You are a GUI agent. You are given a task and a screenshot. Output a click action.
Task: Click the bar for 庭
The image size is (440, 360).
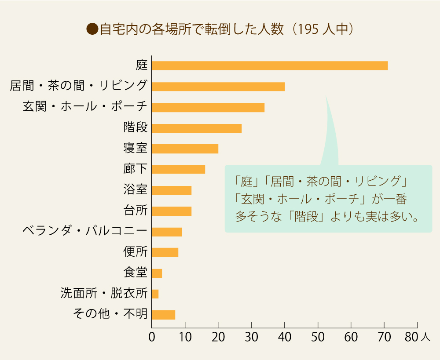[x=269, y=65]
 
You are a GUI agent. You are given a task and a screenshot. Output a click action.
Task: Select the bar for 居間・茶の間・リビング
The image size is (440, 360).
[x=218, y=86]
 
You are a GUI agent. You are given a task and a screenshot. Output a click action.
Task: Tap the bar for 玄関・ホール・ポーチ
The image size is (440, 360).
[x=208, y=107]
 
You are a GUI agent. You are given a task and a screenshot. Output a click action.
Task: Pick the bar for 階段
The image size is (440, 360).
[x=196, y=128]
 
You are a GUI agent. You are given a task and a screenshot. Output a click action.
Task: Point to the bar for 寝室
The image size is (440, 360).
[x=185, y=149]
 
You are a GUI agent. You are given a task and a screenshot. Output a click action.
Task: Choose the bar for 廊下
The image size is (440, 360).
[x=178, y=169]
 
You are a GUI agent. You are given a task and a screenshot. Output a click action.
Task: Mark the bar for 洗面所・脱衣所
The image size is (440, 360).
[x=155, y=294]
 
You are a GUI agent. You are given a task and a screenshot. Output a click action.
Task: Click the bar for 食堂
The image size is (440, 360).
[x=157, y=273]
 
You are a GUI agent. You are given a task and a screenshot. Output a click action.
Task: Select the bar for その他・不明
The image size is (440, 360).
[x=163, y=315]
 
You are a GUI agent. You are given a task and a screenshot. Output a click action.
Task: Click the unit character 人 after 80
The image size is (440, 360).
[x=425, y=338]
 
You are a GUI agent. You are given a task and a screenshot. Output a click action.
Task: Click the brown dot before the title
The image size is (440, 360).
[x=92, y=29]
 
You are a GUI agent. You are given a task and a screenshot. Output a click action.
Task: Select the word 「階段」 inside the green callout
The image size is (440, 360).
[x=305, y=218]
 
